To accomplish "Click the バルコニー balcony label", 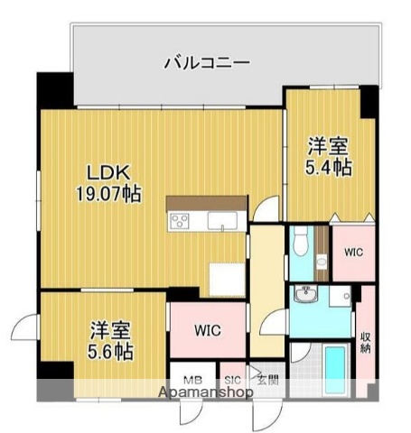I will (207, 63).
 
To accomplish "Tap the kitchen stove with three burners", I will (178, 220).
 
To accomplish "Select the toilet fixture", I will (300, 243).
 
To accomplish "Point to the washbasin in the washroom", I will (306, 294).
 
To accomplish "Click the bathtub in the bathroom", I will (335, 370).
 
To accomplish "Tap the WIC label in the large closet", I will (208, 330).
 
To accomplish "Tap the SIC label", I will (231, 381).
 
